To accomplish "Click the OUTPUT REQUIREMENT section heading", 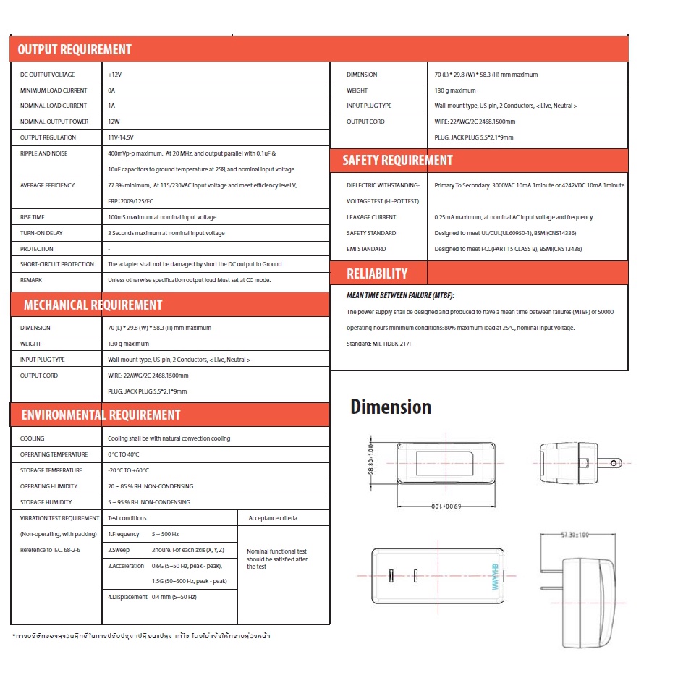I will click(75, 50).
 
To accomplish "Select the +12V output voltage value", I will click(115, 75).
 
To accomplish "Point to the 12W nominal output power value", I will click(114, 122).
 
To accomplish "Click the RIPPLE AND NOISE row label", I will click(43, 153).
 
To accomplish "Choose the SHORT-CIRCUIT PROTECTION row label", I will click(57, 264).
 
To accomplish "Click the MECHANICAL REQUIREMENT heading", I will click(93, 305).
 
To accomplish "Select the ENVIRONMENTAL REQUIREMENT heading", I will click(101, 415).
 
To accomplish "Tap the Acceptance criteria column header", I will click(274, 518).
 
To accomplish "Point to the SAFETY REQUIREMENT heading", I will click(397, 160).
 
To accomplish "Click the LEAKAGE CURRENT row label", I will click(371, 217).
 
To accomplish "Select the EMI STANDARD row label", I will click(366, 249).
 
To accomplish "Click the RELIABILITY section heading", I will click(377, 274).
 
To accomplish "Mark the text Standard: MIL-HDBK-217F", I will click(380, 344).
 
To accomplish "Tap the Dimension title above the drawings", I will click(391, 407).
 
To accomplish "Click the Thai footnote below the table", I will click(142, 636).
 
